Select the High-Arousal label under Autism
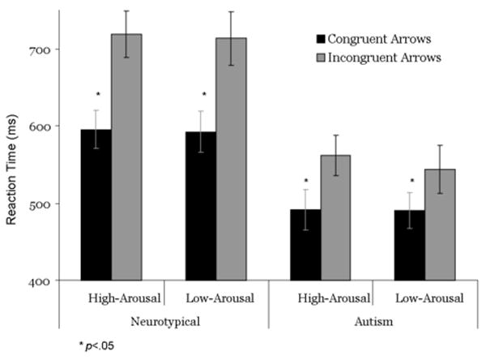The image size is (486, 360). click(334, 298)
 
